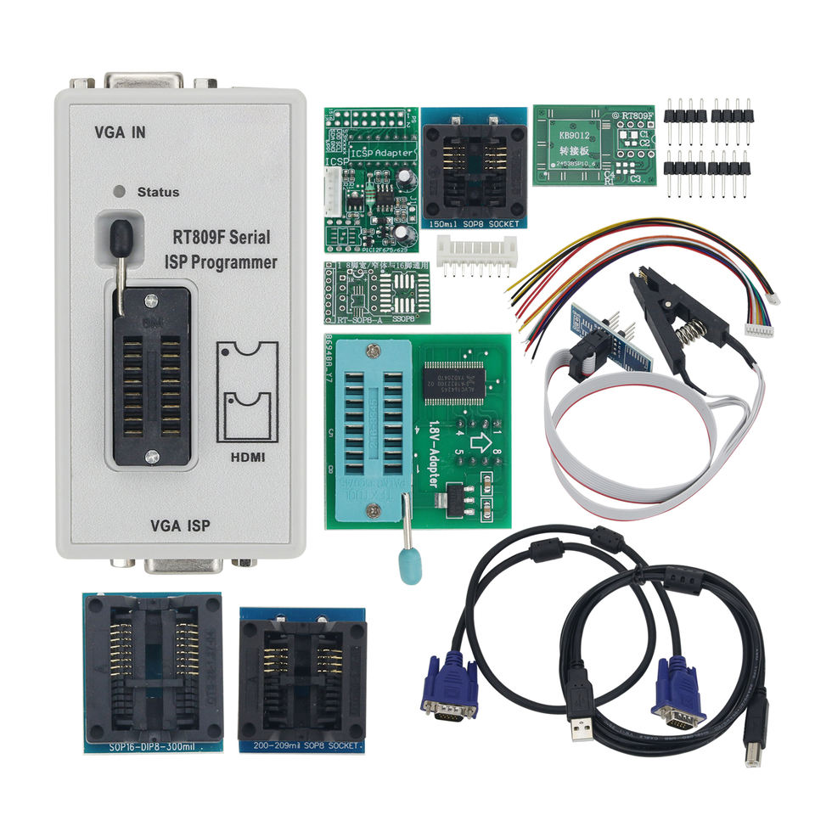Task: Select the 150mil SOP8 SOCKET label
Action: tap(471, 222)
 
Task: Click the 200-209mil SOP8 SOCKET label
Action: tap(302, 746)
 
